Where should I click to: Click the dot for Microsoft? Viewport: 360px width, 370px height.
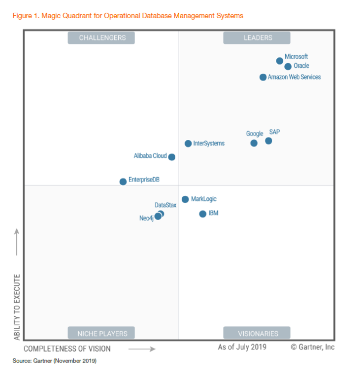pyautogui.click(x=280, y=61)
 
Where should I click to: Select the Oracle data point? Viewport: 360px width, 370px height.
pyautogui.click(x=288, y=66)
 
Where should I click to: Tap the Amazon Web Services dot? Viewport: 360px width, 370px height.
pyautogui.click(x=263, y=77)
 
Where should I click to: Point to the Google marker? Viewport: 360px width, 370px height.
pyautogui.click(x=254, y=143)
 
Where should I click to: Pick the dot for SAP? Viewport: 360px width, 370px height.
pyautogui.click(x=268, y=141)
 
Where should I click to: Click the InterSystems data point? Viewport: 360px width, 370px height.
pyautogui.click(x=188, y=144)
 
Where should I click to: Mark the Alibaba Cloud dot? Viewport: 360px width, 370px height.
pyautogui.click(x=171, y=157)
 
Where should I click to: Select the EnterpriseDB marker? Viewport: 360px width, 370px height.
pyautogui.click(x=123, y=182)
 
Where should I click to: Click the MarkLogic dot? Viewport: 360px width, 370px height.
pyautogui.click(x=185, y=199)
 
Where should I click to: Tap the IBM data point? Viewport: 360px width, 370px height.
pyautogui.click(x=202, y=214)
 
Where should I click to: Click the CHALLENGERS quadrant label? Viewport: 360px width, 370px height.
pyautogui.click(x=101, y=38)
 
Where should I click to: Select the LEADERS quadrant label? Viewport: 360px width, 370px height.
pyautogui.click(x=257, y=38)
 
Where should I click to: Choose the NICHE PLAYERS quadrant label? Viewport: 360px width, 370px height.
pyautogui.click(x=101, y=333)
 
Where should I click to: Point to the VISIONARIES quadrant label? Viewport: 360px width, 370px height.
pyautogui.click(x=257, y=333)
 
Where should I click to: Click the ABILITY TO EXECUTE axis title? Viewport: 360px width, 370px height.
pyautogui.click(x=17, y=307)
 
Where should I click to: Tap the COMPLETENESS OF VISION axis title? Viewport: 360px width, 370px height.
pyautogui.click(x=67, y=349)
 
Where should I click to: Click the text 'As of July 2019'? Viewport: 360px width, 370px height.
pyautogui.click(x=242, y=347)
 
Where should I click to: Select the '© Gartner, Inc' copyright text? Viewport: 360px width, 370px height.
pyautogui.click(x=312, y=347)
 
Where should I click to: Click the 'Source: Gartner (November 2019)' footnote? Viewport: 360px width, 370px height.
pyautogui.click(x=55, y=361)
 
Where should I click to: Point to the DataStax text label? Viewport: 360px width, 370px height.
pyautogui.click(x=165, y=205)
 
